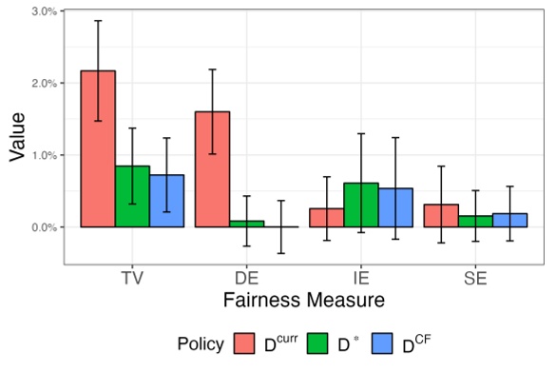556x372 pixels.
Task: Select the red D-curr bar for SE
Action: tap(441, 216)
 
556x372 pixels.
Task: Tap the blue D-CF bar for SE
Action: tap(509, 221)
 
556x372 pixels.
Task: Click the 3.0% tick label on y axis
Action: tap(44, 10)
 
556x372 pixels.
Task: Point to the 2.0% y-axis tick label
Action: tap(44, 83)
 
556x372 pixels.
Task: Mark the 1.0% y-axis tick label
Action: tap(44, 155)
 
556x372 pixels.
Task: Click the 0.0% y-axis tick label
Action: tap(44, 227)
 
